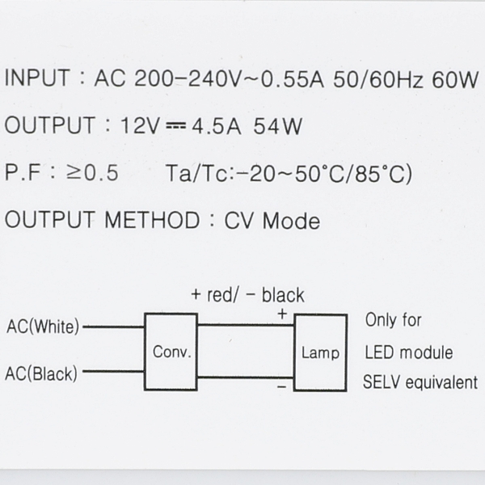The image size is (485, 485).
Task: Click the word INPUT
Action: (37, 78)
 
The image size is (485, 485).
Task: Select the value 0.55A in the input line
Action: (293, 79)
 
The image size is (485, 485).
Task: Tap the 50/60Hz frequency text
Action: (377, 79)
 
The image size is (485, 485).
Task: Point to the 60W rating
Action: (455, 79)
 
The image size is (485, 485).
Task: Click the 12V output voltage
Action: (141, 125)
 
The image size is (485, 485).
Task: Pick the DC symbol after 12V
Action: (175, 125)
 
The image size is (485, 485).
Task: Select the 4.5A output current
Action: (216, 126)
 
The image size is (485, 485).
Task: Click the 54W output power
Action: (277, 126)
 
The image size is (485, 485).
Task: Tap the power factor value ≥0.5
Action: (92, 172)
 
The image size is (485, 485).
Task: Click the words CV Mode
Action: (272, 221)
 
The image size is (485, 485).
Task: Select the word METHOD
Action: (152, 220)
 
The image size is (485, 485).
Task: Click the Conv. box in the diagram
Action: (171, 352)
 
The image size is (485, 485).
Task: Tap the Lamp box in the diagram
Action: (320, 352)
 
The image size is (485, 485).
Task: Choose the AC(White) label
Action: (43, 327)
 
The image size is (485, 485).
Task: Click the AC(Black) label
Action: (41, 373)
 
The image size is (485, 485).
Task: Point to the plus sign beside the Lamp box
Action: (282, 314)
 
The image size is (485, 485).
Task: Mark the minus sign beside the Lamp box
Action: (282, 386)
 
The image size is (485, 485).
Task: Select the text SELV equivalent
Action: (420, 382)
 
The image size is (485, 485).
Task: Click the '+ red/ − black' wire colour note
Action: (248, 295)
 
